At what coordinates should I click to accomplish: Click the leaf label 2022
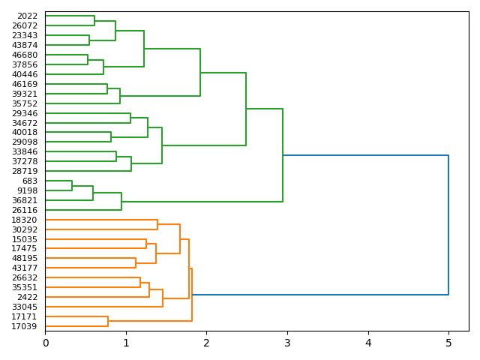point(27,16)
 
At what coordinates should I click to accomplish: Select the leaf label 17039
point(25,326)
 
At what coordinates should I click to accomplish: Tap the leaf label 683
point(30,181)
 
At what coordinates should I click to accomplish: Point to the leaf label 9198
point(27,190)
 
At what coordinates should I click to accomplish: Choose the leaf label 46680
point(25,55)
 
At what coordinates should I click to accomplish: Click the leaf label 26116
point(25,210)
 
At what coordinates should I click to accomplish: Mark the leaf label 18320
point(25,220)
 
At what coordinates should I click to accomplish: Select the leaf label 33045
point(25,307)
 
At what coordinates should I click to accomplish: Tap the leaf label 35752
point(25,103)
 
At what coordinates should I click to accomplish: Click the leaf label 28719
point(25,171)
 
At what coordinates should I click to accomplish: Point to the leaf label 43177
point(25,268)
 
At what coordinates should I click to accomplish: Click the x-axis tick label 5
point(448,343)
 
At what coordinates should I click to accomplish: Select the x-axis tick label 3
point(287,343)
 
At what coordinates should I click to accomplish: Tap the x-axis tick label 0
point(45,343)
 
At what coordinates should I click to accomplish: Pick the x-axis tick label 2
point(206,343)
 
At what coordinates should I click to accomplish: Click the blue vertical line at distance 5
point(448,225)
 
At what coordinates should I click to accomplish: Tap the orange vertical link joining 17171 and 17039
point(108,321)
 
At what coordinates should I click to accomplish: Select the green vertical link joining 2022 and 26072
point(94,20)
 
